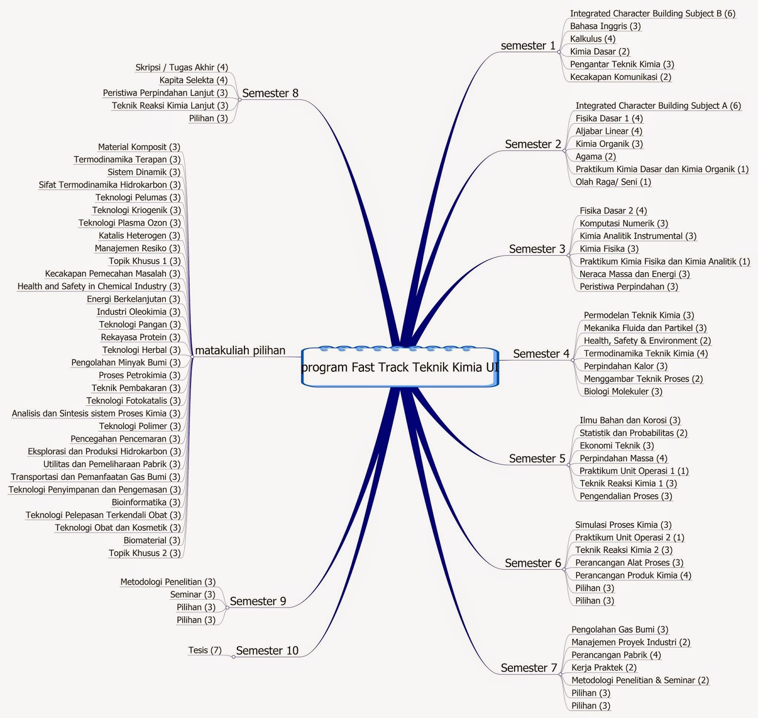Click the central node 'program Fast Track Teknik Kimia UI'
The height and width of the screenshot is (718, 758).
pos(400,368)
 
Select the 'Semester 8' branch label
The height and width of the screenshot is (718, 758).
pos(270,93)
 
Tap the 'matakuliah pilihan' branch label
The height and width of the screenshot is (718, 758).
pos(240,350)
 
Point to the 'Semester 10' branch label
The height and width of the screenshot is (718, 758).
pos(267,651)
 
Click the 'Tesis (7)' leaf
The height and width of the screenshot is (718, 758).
pos(205,650)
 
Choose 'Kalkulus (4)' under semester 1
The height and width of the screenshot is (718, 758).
pos(593,39)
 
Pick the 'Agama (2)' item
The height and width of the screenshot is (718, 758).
pos(596,157)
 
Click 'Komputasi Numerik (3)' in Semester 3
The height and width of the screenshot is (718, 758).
pos(623,224)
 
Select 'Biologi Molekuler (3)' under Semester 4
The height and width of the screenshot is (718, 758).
pos(623,392)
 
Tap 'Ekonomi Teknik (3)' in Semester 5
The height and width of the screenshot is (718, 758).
pos(616,446)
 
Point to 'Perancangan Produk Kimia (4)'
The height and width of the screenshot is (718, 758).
pos(633,575)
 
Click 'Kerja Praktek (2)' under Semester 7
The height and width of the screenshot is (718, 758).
pos(604,668)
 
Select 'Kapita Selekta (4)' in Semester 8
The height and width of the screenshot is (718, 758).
pos(193,81)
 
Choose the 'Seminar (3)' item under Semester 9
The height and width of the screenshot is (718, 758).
pos(192,595)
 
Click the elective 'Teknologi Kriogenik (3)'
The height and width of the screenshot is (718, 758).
pos(136,210)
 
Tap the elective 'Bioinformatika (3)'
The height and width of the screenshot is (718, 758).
pos(146,503)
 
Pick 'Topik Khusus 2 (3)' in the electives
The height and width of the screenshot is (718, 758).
pos(144,553)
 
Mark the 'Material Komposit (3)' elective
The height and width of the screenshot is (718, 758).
pos(139,147)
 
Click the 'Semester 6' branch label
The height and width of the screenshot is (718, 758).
pos(532,563)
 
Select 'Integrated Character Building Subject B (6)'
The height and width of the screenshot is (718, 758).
pos(652,14)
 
